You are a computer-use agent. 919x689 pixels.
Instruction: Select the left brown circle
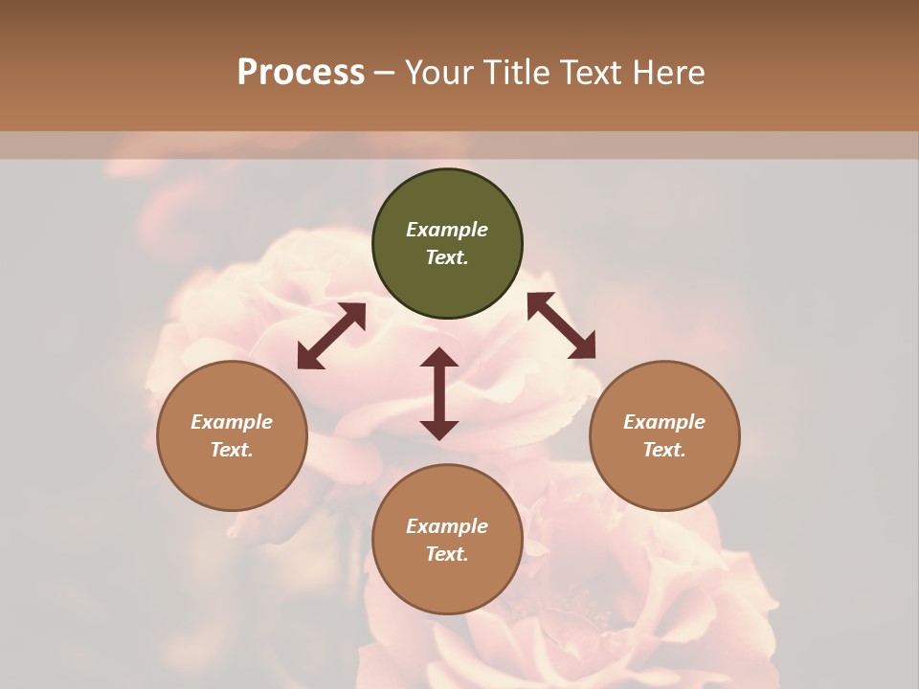(232, 478)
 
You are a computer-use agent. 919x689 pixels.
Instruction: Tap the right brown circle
(664, 478)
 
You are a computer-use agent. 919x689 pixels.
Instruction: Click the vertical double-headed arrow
(439, 393)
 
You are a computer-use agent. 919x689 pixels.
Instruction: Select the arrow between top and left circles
(331, 336)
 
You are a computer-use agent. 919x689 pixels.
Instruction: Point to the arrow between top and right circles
(561, 325)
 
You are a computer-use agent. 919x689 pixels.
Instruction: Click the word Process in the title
(301, 72)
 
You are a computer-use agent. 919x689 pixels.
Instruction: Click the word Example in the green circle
(447, 230)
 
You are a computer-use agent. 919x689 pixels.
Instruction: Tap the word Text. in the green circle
(447, 257)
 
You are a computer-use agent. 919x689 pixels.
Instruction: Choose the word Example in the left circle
(232, 422)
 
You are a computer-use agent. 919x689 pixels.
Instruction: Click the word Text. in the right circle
(664, 450)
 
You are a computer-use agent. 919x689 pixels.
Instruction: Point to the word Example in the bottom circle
(447, 526)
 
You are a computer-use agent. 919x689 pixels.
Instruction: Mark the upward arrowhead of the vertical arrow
(439, 358)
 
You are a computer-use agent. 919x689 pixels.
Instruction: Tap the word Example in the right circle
(664, 422)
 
